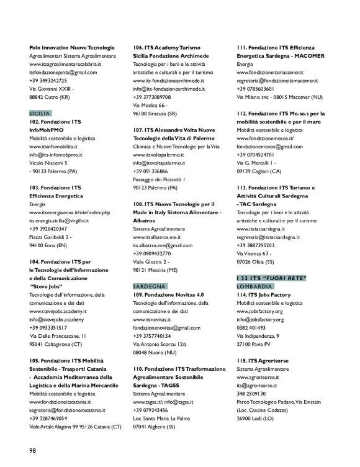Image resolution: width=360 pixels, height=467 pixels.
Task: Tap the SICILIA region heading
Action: point(39,114)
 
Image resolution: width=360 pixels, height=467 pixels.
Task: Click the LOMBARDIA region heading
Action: point(254,285)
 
